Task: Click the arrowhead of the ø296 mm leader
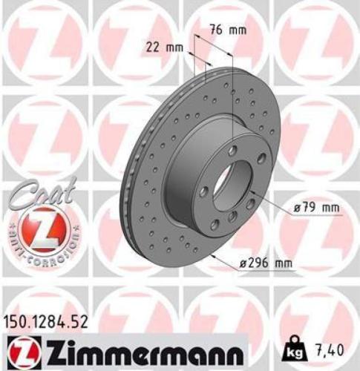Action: (214, 255)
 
